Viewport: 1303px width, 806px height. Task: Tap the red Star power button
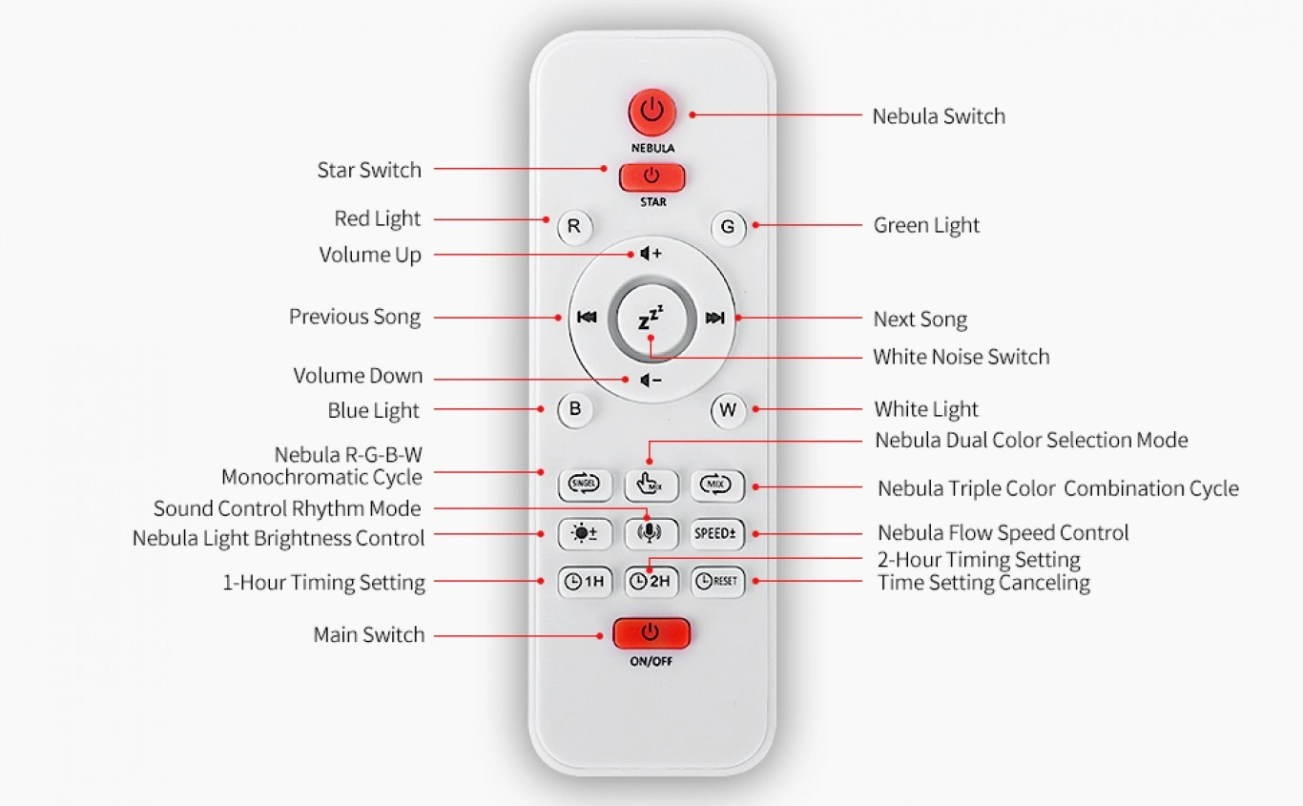pyautogui.click(x=651, y=176)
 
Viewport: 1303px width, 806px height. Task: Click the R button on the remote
pyautogui.click(x=574, y=226)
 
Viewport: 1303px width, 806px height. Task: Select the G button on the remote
pyautogui.click(x=728, y=227)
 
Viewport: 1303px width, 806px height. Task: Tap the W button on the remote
pyautogui.click(x=728, y=410)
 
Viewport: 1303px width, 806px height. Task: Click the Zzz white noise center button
pyautogui.click(x=651, y=318)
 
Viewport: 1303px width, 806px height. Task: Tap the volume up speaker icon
pyautogui.click(x=651, y=254)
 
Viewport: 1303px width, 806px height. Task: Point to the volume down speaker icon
pyautogui.click(x=651, y=381)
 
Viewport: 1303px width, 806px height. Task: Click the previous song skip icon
pyautogui.click(x=587, y=317)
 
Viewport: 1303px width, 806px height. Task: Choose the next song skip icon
pyautogui.click(x=714, y=318)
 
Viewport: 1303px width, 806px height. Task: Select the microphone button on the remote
pyautogui.click(x=651, y=533)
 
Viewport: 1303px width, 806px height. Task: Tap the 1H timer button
pyautogui.click(x=585, y=582)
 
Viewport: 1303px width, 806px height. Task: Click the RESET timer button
pyautogui.click(x=717, y=582)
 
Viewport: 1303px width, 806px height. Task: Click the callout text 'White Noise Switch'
pyautogui.click(x=961, y=357)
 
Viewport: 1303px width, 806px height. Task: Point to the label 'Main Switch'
pyautogui.click(x=369, y=634)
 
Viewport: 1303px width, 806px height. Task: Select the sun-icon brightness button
pyautogui.click(x=585, y=533)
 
